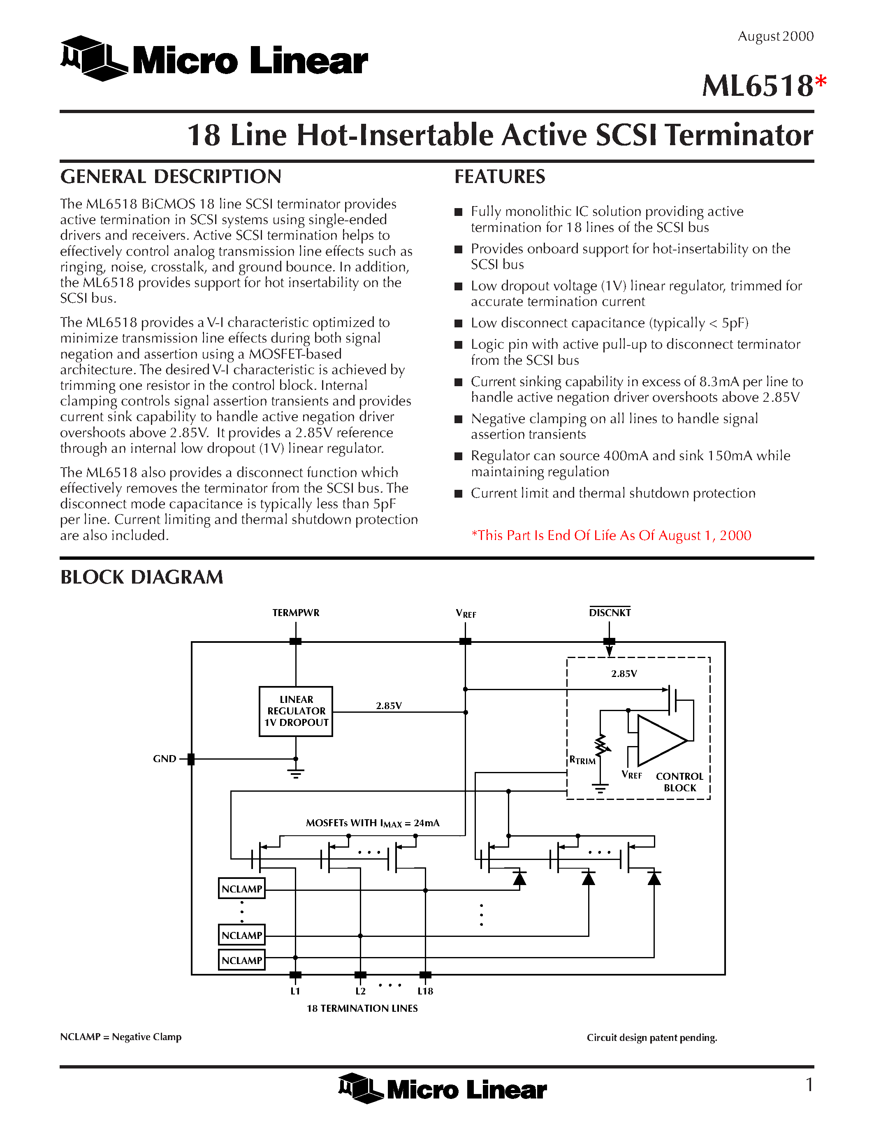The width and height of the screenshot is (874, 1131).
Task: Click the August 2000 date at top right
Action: pyautogui.click(x=775, y=36)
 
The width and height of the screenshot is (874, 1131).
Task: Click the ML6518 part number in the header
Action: pyautogui.click(x=757, y=86)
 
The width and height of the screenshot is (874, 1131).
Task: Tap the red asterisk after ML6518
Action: pyautogui.click(x=821, y=82)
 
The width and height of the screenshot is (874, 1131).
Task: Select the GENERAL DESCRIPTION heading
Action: pyautogui.click(x=170, y=176)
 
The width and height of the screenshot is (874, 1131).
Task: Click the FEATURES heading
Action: pyautogui.click(x=499, y=176)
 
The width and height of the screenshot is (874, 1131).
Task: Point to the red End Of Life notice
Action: pyautogui.click(x=611, y=535)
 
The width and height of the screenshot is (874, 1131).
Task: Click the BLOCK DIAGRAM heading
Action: pyautogui.click(x=141, y=577)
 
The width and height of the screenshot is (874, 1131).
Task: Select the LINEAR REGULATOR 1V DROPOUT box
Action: pyautogui.click(x=296, y=711)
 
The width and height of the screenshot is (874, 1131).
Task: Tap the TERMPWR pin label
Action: pyautogui.click(x=296, y=613)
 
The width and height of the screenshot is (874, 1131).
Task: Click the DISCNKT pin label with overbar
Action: pyautogui.click(x=610, y=613)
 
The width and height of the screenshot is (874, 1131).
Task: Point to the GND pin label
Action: pyautogui.click(x=164, y=759)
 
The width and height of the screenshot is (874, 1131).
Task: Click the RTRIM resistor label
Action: pyautogui.click(x=582, y=760)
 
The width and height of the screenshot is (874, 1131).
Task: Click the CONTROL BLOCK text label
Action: pyautogui.click(x=679, y=782)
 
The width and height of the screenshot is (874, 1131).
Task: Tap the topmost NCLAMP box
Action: pyautogui.click(x=242, y=889)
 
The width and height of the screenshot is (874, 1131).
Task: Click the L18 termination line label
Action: pyautogui.click(x=425, y=991)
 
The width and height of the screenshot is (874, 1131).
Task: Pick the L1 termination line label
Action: pyautogui.click(x=295, y=991)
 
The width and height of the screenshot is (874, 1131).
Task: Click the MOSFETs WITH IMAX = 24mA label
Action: pyautogui.click(x=372, y=823)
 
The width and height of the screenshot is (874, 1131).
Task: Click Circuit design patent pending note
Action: pyautogui.click(x=651, y=1037)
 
